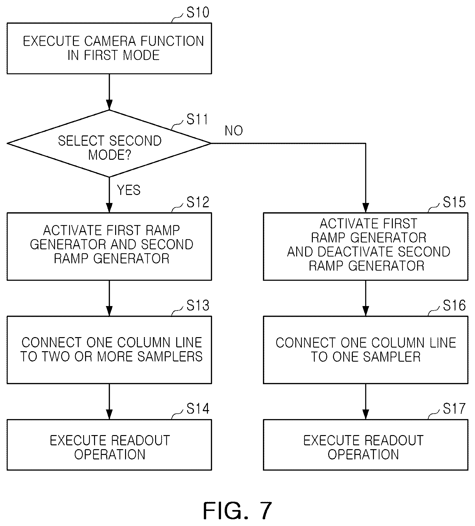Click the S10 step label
(x=198, y=12)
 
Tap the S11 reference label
(x=197, y=119)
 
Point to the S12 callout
(x=198, y=202)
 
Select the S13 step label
(x=198, y=305)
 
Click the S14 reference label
(x=198, y=409)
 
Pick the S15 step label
(x=454, y=202)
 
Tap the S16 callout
(x=454, y=305)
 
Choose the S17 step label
(x=454, y=409)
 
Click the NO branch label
(x=234, y=131)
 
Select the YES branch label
(x=129, y=190)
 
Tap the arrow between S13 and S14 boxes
(x=109, y=401)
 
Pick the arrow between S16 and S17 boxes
(x=366, y=401)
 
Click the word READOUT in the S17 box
(x=393, y=441)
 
